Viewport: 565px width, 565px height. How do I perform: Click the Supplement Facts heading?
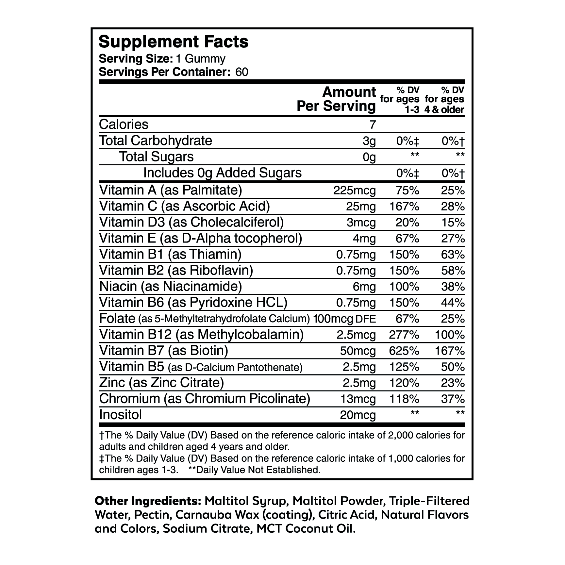(174, 42)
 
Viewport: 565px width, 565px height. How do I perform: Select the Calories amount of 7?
(373, 125)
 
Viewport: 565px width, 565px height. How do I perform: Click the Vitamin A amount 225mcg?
(355, 191)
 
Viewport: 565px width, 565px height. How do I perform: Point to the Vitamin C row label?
(185, 207)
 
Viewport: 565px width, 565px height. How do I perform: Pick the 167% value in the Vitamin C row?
(405, 207)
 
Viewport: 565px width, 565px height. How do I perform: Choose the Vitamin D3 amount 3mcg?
(361, 223)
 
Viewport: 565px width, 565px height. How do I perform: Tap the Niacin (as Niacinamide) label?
(170, 287)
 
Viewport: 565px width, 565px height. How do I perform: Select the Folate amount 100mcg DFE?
(344, 319)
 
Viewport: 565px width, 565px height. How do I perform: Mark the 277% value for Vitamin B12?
(405, 335)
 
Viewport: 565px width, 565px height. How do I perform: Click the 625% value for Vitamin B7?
(405, 351)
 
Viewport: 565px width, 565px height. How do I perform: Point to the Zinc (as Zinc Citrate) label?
(161, 383)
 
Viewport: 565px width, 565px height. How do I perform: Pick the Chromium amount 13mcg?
(358, 399)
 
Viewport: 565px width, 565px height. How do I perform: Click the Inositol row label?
(121, 415)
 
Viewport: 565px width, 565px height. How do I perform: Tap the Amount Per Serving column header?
(337, 99)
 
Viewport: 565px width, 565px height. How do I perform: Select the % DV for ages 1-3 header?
(400, 99)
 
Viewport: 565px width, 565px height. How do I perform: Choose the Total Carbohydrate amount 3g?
(369, 141)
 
